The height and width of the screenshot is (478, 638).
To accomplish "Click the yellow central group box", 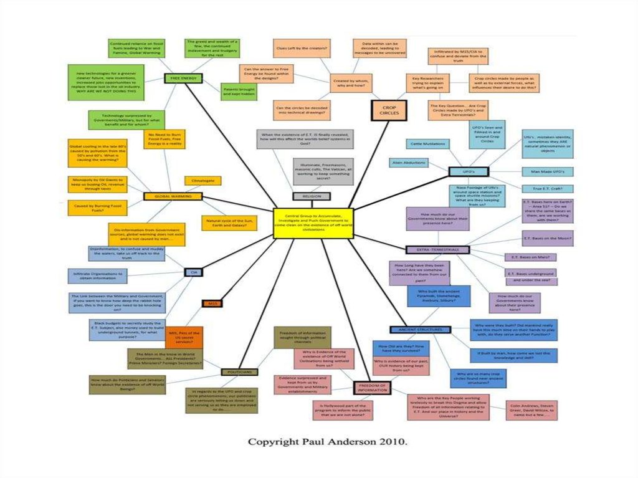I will click(x=313, y=222).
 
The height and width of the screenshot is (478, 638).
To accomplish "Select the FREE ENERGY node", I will click(x=184, y=78).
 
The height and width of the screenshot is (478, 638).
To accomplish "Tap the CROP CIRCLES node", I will click(x=388, y=110).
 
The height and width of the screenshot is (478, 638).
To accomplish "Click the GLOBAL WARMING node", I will click(x=173, y=196).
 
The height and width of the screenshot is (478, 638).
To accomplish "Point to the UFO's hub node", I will click(x=468, y=171).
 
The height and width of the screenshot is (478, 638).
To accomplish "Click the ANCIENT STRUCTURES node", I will click(x=420, y=329).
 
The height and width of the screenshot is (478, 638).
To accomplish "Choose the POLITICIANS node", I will click(x=239, y=371).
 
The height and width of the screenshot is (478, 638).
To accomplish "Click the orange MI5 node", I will click(x=212, y=304).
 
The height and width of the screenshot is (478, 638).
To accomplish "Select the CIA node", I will click(x=193, y=272).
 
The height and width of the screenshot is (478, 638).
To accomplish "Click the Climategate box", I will click(x=202, y=181).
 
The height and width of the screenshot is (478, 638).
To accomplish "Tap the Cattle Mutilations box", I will click(x=429, y=144).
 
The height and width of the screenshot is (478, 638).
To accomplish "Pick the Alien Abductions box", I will click(x=409, y=163).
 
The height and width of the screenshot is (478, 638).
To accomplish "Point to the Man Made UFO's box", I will click(x=548, y=171).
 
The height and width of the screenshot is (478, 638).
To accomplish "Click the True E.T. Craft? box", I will click(x=548, y=189).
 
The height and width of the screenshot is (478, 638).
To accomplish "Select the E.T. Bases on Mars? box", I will click(x=530, y=257).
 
